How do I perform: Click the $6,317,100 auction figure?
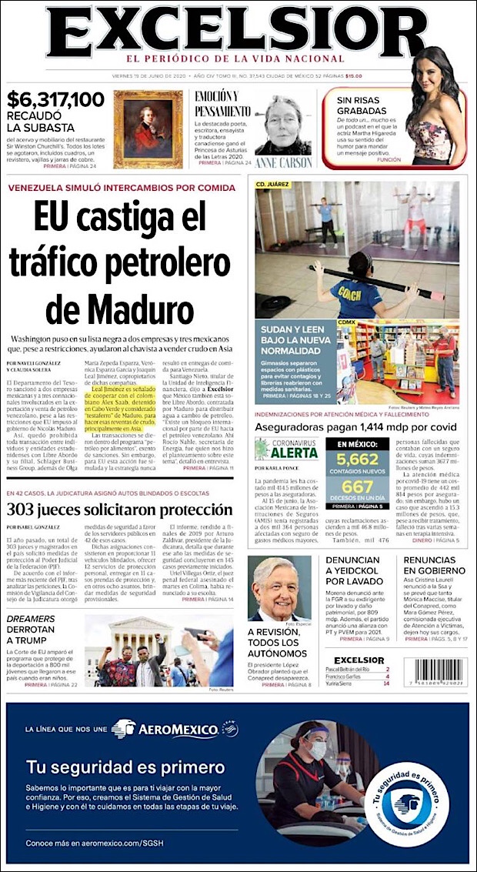click(55, 99)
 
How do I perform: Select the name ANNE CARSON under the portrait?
click(284, 163)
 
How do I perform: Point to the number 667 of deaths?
click(357, 488)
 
